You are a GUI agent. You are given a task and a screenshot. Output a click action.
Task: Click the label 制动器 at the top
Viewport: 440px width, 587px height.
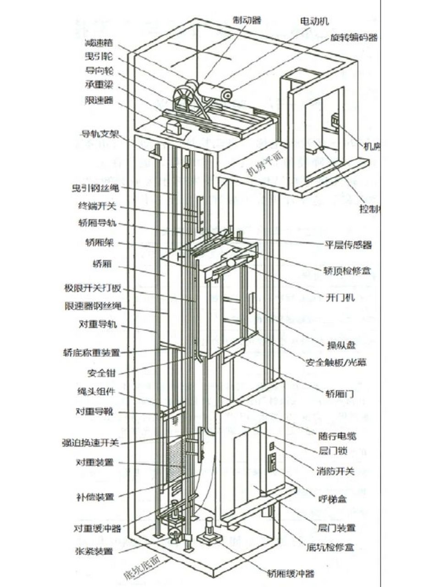247,20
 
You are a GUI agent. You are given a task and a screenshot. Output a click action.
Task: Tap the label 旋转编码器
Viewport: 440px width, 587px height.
354,38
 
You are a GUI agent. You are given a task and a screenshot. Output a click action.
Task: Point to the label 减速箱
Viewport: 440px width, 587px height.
99,43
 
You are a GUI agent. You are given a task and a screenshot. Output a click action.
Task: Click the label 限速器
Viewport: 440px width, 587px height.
99,100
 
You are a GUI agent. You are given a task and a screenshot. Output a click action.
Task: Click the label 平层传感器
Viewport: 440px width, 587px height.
349,244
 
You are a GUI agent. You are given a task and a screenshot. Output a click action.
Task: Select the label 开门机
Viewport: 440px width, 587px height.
340,298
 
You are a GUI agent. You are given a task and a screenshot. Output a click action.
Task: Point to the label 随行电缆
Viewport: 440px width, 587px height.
337,436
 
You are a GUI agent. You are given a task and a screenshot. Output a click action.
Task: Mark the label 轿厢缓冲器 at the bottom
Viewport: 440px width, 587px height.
291,573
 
